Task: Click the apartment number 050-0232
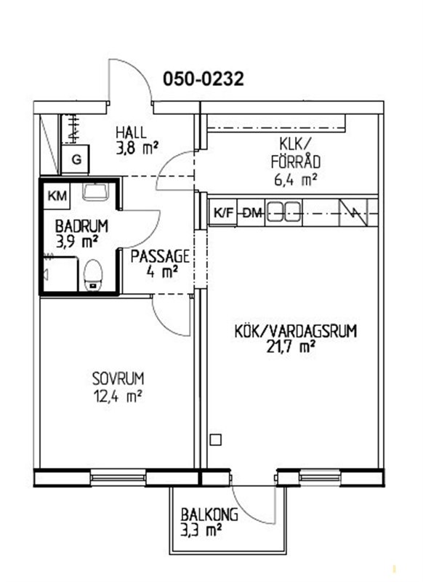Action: [x=204, y=79]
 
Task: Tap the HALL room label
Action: [x=131, y=132]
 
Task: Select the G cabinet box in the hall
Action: [x=76, y=159]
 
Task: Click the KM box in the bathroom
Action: [x=58, y=195]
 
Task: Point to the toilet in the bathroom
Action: [x=93, y=275]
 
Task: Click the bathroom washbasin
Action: [x=96, y=191]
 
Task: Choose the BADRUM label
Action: [x=81, y=226]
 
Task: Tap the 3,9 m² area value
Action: [x=77, y=242]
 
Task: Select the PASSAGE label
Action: [x=160, y=256]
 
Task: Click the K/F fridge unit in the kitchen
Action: [x=224, y=212]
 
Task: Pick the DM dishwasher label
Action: [x=253, y=213]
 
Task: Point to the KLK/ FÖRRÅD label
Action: [x=296, y=154]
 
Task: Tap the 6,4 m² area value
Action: [x=295, y=180]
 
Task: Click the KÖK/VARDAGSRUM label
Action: [x=296, y=331]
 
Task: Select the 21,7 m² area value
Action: [x=291, y=347]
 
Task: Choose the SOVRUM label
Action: [x=118, y=378]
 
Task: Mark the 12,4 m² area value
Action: [x=117, y=396]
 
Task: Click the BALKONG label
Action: [x=209, y=515]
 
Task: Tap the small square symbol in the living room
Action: [x=215, y=440]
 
